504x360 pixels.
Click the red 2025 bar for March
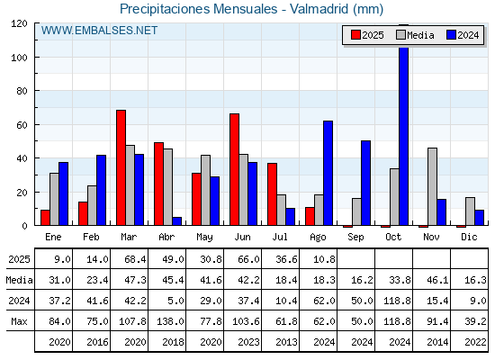[x=121, y=167]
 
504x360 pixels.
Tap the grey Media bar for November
[x=432, y=186]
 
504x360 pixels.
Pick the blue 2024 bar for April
[x=176, y=221]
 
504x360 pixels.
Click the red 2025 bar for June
[x=235, y=169]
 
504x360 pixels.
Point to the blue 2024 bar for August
[x=328, y=173]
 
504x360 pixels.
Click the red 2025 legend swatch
[x=355, y=35]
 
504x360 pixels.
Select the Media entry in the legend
[x=415, y=35]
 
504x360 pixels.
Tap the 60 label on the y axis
[x=22, y=125]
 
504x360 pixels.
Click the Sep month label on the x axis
[x=355, y=238]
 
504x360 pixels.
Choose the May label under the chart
[x=204, y=238]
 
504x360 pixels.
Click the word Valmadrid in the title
[x=319, y=9]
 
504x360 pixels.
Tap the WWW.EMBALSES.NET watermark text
[x=99, y=31]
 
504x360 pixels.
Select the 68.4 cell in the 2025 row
[x=135, y=259]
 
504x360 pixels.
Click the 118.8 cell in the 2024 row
[x=397, y=301]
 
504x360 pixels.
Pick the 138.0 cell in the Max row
[x=170, y=321]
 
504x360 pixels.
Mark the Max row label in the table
[x=19, y=321]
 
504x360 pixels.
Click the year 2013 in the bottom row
[x=286, y=342]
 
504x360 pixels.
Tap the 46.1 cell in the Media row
[x=437, y=280]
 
